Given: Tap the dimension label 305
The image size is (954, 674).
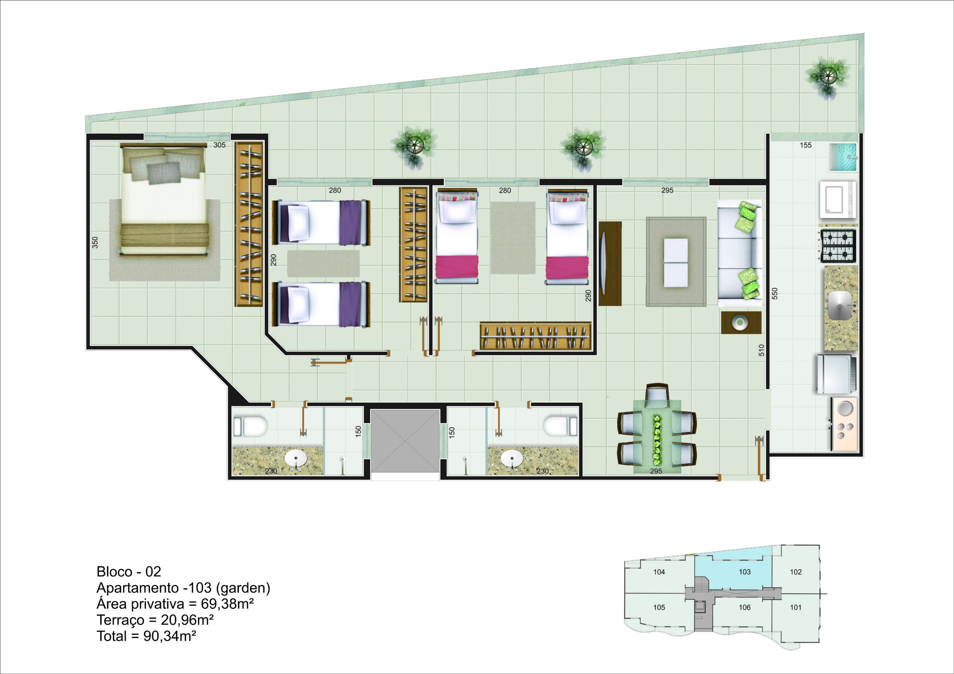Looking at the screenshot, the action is [x=219, y=145].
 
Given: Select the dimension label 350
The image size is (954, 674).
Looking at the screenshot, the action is [x=95, y=243].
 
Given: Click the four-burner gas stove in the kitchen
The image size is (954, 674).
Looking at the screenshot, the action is [x=838, y=246].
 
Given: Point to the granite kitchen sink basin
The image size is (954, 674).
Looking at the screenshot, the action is [x=840, y=306].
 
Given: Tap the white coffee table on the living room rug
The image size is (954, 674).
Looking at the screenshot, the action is [x=676, y=263].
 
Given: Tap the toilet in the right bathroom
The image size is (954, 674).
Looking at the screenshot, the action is [x=560, y=426].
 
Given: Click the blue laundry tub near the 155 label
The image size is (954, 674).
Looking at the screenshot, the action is [x=843, y=157].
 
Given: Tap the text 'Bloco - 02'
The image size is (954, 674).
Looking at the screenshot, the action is [x=129, y=572].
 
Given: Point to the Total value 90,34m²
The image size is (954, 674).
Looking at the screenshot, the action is [x=170, y=636].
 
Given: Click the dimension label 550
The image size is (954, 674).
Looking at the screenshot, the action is [x=774, y=293].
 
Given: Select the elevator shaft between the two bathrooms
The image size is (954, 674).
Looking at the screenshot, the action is [x=405, y=441].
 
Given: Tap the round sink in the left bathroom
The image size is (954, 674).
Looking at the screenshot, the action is [x=296, y=459].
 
